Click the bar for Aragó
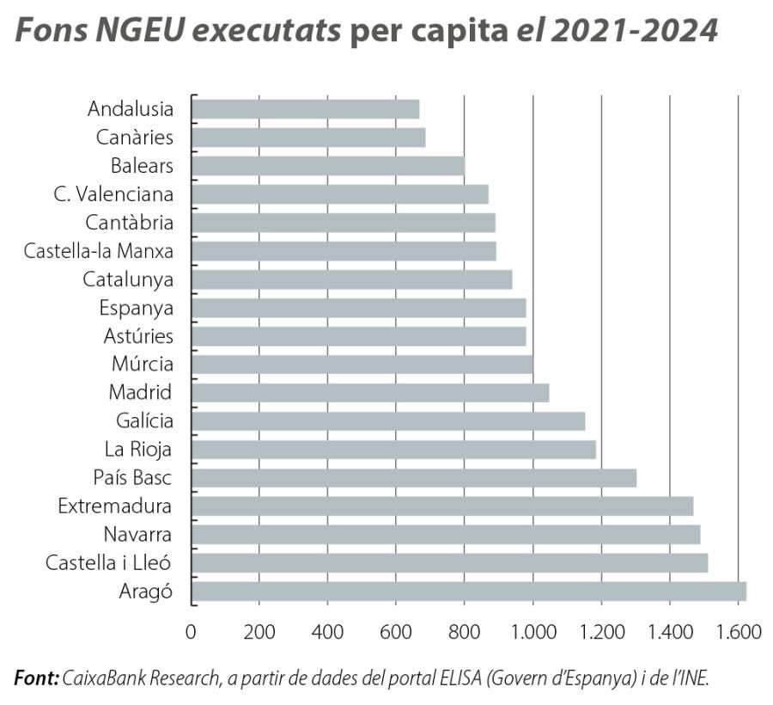pyautogui.click(x=468, y=592)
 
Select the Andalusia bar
pyautogui.click(x=305, y=109)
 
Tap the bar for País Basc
pyautogui.click(x=413, y=478)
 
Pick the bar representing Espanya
pyautogui.click(x=358, y=308)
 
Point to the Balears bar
pyautogui.click(x=327, y=166)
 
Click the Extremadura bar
pyautogui.click(x=441, y=506)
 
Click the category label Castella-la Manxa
pyautogui.click(x=98, y=251)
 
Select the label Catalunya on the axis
pyautogui.click(x=128, y=279)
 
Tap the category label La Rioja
pyautogui.click(x=138, y=450)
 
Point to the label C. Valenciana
pyautogui.click(x=113, y=194)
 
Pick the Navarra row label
pyautogui.click(x=137, y=535)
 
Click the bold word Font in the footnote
pyautogui.click(x=35, y=678)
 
